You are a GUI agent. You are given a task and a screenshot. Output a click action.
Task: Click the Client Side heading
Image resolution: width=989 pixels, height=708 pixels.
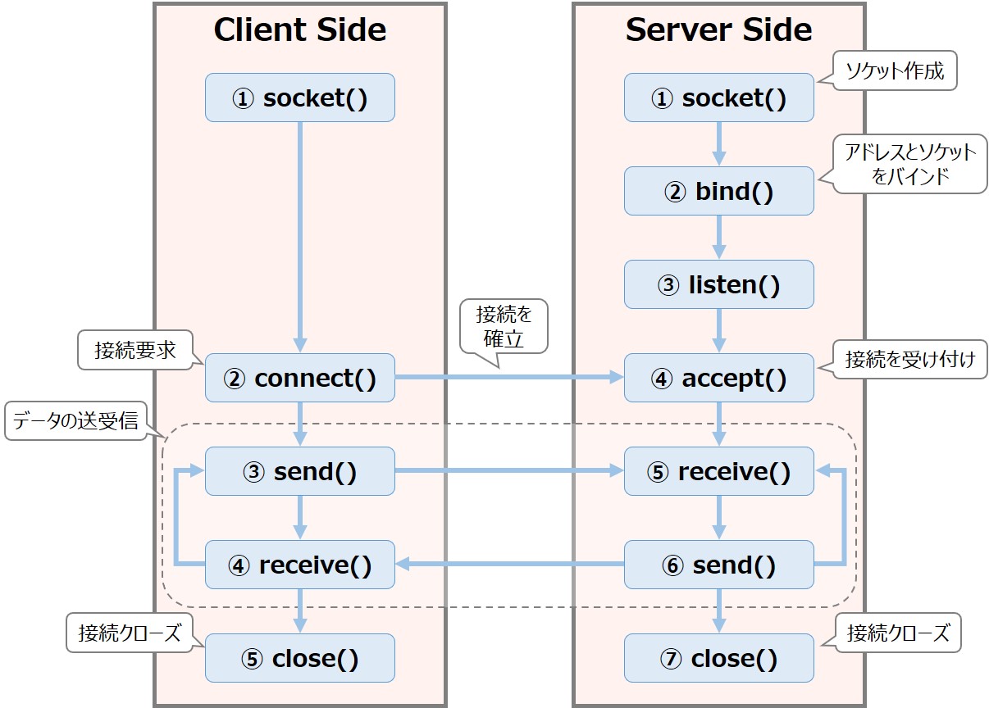pyautogui.click(x=299, y=30)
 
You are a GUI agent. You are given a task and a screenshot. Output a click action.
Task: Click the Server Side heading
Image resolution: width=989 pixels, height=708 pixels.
pyautogui.click(x=718, y=30)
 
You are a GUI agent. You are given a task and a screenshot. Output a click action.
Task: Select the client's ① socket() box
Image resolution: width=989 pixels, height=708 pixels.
pyautogui.click(x=299, y=98)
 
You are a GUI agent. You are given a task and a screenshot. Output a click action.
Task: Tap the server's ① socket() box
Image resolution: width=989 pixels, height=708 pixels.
pyautogui.click(x=718, y=98)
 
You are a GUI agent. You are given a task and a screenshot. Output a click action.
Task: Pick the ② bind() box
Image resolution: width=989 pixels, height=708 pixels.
pyautogui.click(x=718, y=191)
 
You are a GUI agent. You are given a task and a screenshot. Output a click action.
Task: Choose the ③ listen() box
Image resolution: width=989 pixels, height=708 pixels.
pyautogui.click(x=718, y=284)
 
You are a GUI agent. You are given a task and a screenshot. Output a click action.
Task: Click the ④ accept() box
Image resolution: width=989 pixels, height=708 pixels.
pyautogui.click(x=718, y=378)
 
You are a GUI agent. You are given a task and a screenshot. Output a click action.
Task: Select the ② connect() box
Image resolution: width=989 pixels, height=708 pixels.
pyautogui.click(x=299, y=378)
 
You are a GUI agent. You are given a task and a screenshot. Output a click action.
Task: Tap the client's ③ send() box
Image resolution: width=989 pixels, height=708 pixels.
pyautogui.click(x=299, y=471)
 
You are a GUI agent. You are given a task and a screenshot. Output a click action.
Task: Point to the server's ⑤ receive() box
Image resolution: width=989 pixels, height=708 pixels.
pyautogui.click(x=718, y=471)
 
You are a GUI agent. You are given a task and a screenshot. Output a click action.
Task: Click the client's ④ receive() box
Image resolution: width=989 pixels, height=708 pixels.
pyautogui.click(x=299, y=565)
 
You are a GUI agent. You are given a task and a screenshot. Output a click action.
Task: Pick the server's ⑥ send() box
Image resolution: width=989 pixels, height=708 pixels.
pyautogui.click(x=718, y=565)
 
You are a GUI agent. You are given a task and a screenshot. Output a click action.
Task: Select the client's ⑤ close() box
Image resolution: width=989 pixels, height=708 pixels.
pyautogui.click(x=299, y=658)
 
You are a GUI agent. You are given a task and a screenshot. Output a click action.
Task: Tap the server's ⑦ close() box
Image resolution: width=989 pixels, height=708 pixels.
pyautogui.click(x=718, y=658)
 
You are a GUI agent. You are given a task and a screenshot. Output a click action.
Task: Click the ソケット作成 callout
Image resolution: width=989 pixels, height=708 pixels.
pyautogui.click(x=894, y=71)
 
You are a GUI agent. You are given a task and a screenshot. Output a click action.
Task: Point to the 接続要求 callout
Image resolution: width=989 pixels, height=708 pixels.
pyautogui.click(x=134, y=350)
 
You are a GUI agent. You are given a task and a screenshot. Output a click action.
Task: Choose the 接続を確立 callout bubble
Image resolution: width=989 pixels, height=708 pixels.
pyautogui.click(x=503, y=325)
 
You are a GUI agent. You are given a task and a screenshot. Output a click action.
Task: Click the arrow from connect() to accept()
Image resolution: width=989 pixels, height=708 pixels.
pyautogui.click(x=508, y=378)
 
